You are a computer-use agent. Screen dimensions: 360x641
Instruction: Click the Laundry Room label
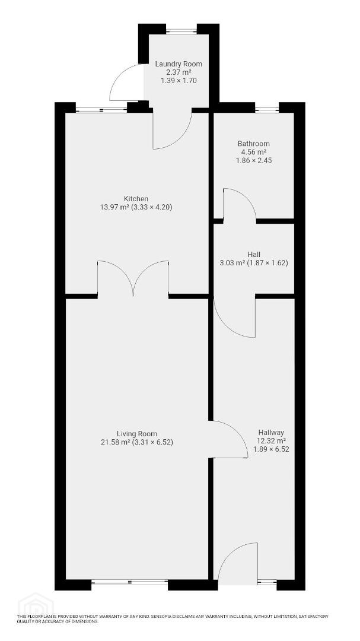click(179, 64)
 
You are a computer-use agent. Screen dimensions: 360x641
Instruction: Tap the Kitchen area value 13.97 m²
click(114, 207)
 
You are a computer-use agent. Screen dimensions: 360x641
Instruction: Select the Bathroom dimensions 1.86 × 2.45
click(254, 160)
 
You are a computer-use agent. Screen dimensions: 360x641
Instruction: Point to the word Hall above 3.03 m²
click(254, 255)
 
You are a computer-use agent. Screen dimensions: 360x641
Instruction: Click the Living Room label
click(137, 434)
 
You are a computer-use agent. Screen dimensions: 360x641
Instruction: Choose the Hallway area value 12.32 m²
click(271, 440)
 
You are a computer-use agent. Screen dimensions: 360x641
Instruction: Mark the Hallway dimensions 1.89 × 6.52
click(271, 449)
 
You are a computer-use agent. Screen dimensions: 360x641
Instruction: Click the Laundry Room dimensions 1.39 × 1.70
click(179, 81)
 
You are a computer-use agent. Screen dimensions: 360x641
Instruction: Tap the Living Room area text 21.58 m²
click(115, 442)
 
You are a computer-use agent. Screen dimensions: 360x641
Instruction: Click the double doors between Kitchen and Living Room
click(133, 278)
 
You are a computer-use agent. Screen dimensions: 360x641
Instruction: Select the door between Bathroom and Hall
click(240, 204)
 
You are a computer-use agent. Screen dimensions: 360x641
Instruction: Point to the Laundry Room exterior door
click(126, 82)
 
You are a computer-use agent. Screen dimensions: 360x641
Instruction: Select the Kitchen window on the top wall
click(101, 110)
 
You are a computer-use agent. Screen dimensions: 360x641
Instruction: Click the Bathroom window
click(267, 110)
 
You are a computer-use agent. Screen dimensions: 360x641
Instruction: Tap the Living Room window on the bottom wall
click(129, 582)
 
